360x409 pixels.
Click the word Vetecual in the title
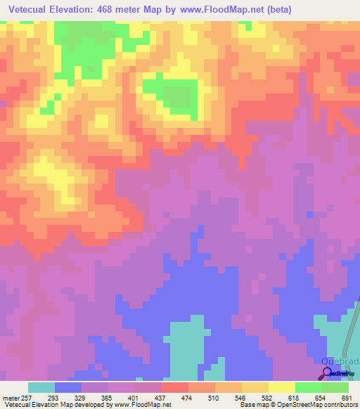click(x=32, y=9)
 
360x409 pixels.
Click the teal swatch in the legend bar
click(x=41, y=387)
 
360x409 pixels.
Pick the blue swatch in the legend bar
click(x=67, y=387)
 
